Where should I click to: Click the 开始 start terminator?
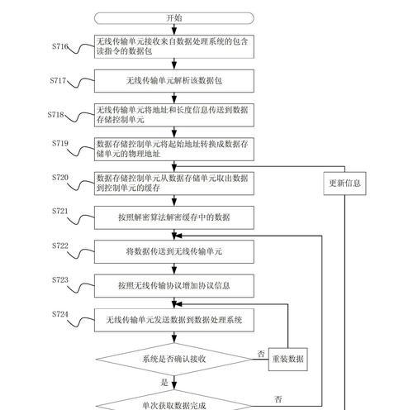coord(174,18)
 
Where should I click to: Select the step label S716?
coord(60,46)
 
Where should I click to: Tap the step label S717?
coord(58,80)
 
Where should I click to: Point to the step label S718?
coord(55,115)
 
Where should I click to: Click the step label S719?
coord(60,143)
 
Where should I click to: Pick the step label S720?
coord(60,178)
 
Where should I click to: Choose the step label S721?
coord(60,212)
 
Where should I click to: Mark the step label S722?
coord(60,246)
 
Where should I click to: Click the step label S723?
coord(60,280)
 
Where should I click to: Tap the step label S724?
coord(60,314)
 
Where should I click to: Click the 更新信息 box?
coord(344,184)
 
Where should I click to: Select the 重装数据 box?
coord(288,359)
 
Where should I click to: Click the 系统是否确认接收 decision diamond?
coord(174,360)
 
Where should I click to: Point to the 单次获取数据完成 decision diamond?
coord(174,403)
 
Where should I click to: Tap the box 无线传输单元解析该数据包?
coord(174,81)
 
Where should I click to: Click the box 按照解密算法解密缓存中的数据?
coord(174,217)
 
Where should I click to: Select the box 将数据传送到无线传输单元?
coord(174,251)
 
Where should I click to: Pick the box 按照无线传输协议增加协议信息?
coord(174,286)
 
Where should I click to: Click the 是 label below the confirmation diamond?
coord(164,383)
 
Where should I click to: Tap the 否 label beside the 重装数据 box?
coord(261,354)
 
